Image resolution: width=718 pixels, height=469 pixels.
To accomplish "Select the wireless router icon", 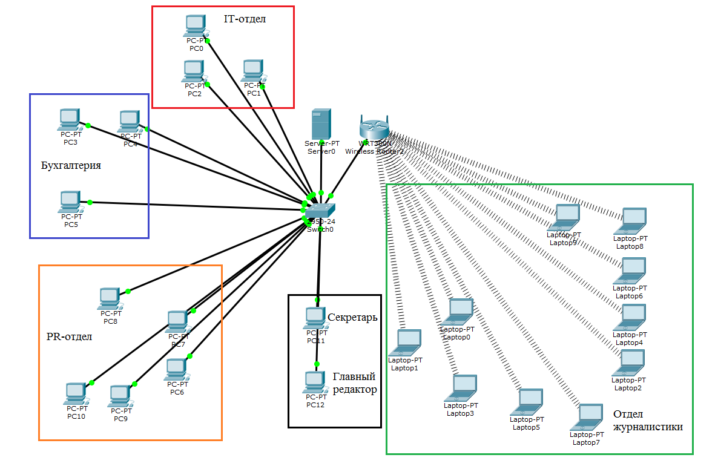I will click(x=374, y=128).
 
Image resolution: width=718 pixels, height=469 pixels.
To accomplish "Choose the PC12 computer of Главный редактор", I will click(x=314, y=382).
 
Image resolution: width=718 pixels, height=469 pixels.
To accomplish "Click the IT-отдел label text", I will click(x=245, y=19).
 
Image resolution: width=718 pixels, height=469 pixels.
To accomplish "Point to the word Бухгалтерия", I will click(x=71, y=165).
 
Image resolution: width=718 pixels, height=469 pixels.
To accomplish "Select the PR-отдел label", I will click(x=69, y=336).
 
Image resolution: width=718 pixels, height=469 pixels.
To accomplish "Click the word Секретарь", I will click(x=352, y=317).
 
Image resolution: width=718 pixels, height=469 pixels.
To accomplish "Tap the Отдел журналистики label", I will click(x=648, y=421).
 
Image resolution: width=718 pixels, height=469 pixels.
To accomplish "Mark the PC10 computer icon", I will click(x=76, y=394).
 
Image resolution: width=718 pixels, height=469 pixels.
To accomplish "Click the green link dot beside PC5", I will click(x=90, y=202).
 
